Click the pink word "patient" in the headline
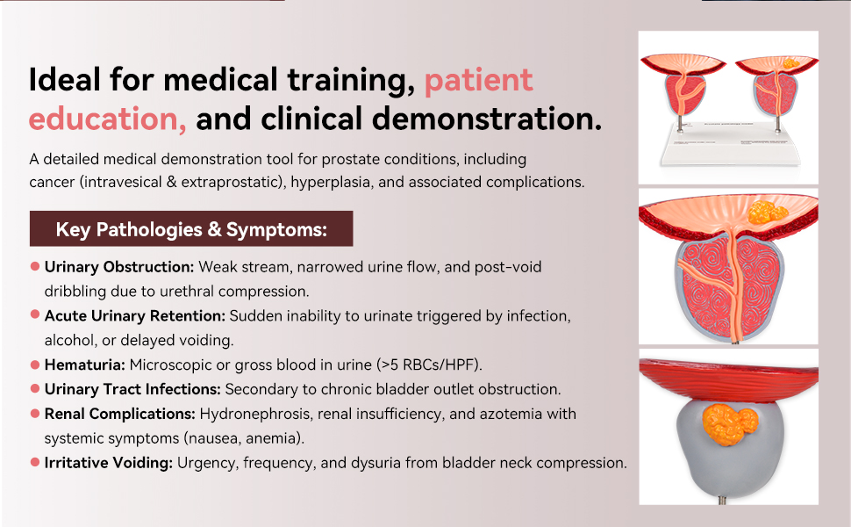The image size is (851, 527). [x=479, y=81]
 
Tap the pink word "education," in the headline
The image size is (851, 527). [x=107, y=119]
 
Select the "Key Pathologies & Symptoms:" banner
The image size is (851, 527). [x=191, y=228]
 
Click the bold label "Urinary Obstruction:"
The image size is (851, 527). [x=118, y=267]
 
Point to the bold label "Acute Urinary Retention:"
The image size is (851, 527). [x=134, y=315]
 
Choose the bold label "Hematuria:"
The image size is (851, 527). [x=85, y=365]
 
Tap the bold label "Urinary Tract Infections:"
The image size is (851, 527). [x=132, y=389]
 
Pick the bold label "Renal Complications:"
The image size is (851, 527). [x=119, y=414]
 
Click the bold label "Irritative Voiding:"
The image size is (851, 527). [x=109, y=462]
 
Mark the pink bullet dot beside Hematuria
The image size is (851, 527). [x=35, y=364]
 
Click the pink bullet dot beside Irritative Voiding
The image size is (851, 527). [x=35, y=462]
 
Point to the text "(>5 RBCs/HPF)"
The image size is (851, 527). [x=429, y=365]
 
